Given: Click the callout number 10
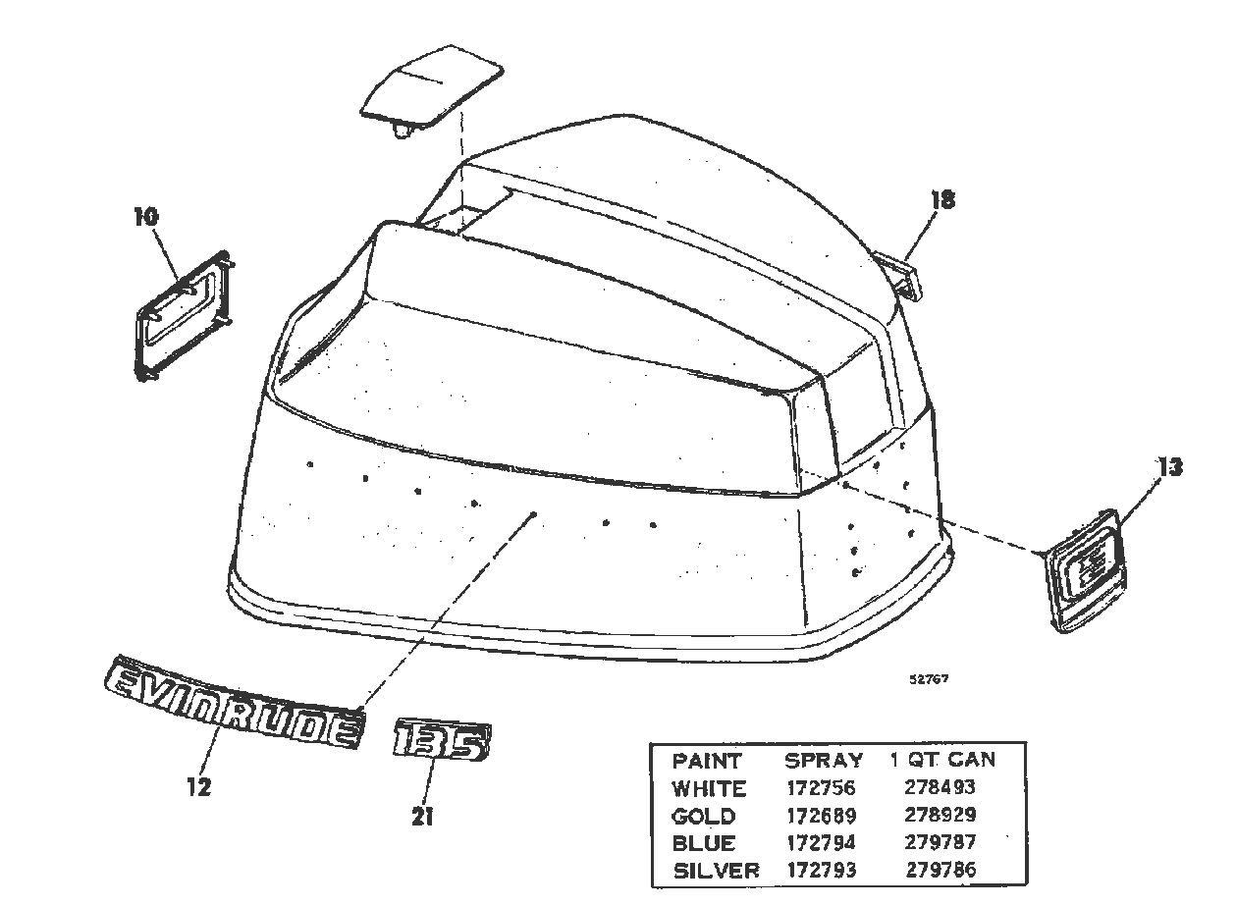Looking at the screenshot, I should (145, 216).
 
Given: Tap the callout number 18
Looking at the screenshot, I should (942, 200).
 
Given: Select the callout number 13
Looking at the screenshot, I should (1169, 467).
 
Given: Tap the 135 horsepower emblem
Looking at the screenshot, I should (441, 741).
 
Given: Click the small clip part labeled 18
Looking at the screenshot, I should (901, 276).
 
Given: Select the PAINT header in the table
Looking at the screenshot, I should (707, 761).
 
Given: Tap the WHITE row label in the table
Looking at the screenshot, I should (709, 788).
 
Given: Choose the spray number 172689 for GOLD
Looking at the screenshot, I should (821, 816).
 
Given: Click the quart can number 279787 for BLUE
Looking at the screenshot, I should (940, 842).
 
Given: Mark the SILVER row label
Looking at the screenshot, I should (716, 870).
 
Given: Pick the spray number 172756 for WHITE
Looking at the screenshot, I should (821, 788).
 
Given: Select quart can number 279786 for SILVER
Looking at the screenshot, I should (940, 870).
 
